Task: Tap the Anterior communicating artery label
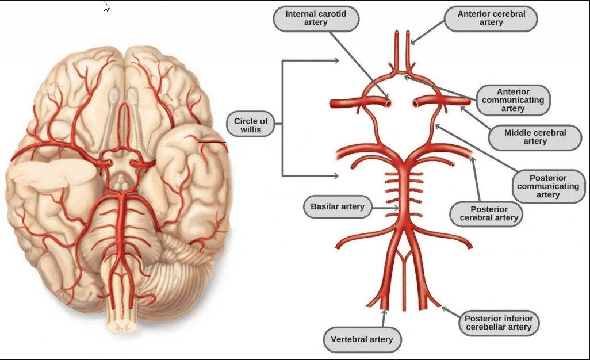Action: tap(513, 100)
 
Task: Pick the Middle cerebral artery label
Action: tap(535, 137)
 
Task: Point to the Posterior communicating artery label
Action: tap(548, 186)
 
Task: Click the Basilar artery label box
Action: tap(338, 206)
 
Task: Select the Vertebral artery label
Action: tap(362, 339)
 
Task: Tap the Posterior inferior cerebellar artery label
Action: tap(499, 323)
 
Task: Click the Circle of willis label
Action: tap(251, 125)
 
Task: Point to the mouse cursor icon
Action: tap(107, 7)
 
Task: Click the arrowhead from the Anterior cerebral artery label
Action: tap(413, 41)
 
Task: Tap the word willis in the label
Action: tap(251, 130)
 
